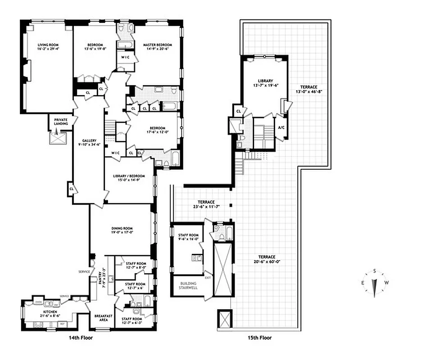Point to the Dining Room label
pos(120,228)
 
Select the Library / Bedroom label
pos(129,176)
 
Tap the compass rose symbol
pos(374,283)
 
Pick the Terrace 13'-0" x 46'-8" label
pos(309,86)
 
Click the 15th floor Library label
pos(266,81)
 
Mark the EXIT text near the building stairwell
pos(208,278)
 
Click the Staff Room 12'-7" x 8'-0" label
pos(136,263)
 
